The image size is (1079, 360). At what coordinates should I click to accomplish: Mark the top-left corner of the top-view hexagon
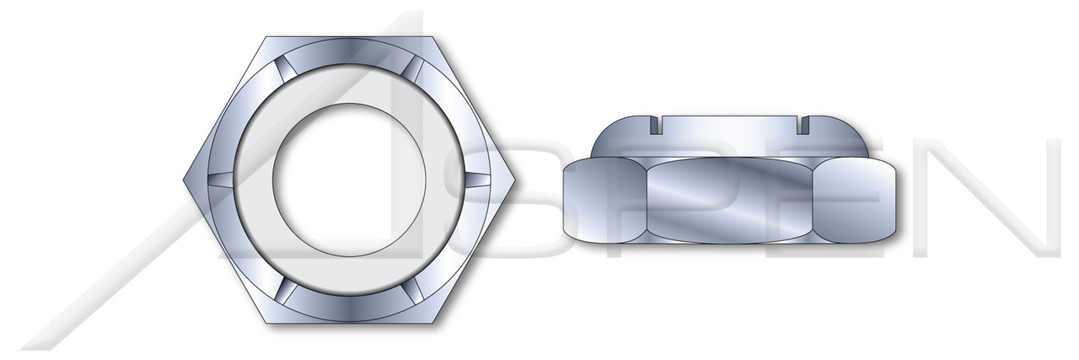coord(268,36)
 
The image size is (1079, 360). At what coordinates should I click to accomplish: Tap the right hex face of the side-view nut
coord(857,200)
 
